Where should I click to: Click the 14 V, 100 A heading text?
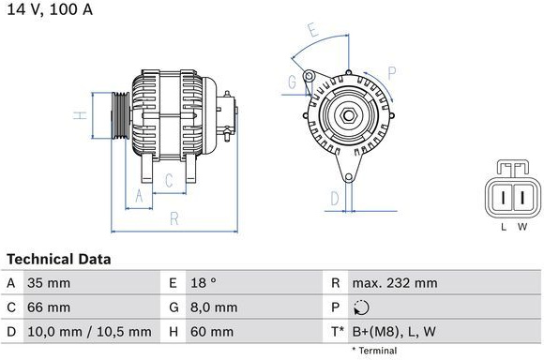click(x=50, y=9)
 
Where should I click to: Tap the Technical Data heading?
click(x=59, y=260)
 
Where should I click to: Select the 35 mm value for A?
click(x=49, y=283)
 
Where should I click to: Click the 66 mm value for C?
click(x=49, y=307)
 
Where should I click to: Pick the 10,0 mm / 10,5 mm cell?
click(x=89, y=332)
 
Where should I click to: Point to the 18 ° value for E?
click(x=204, y=283)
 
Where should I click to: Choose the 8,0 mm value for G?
click(x=214, y=307)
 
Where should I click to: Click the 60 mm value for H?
click(x=212, y=332)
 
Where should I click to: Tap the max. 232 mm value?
click(x=395, y=283)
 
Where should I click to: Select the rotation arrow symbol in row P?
click(x=361, y=307)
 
